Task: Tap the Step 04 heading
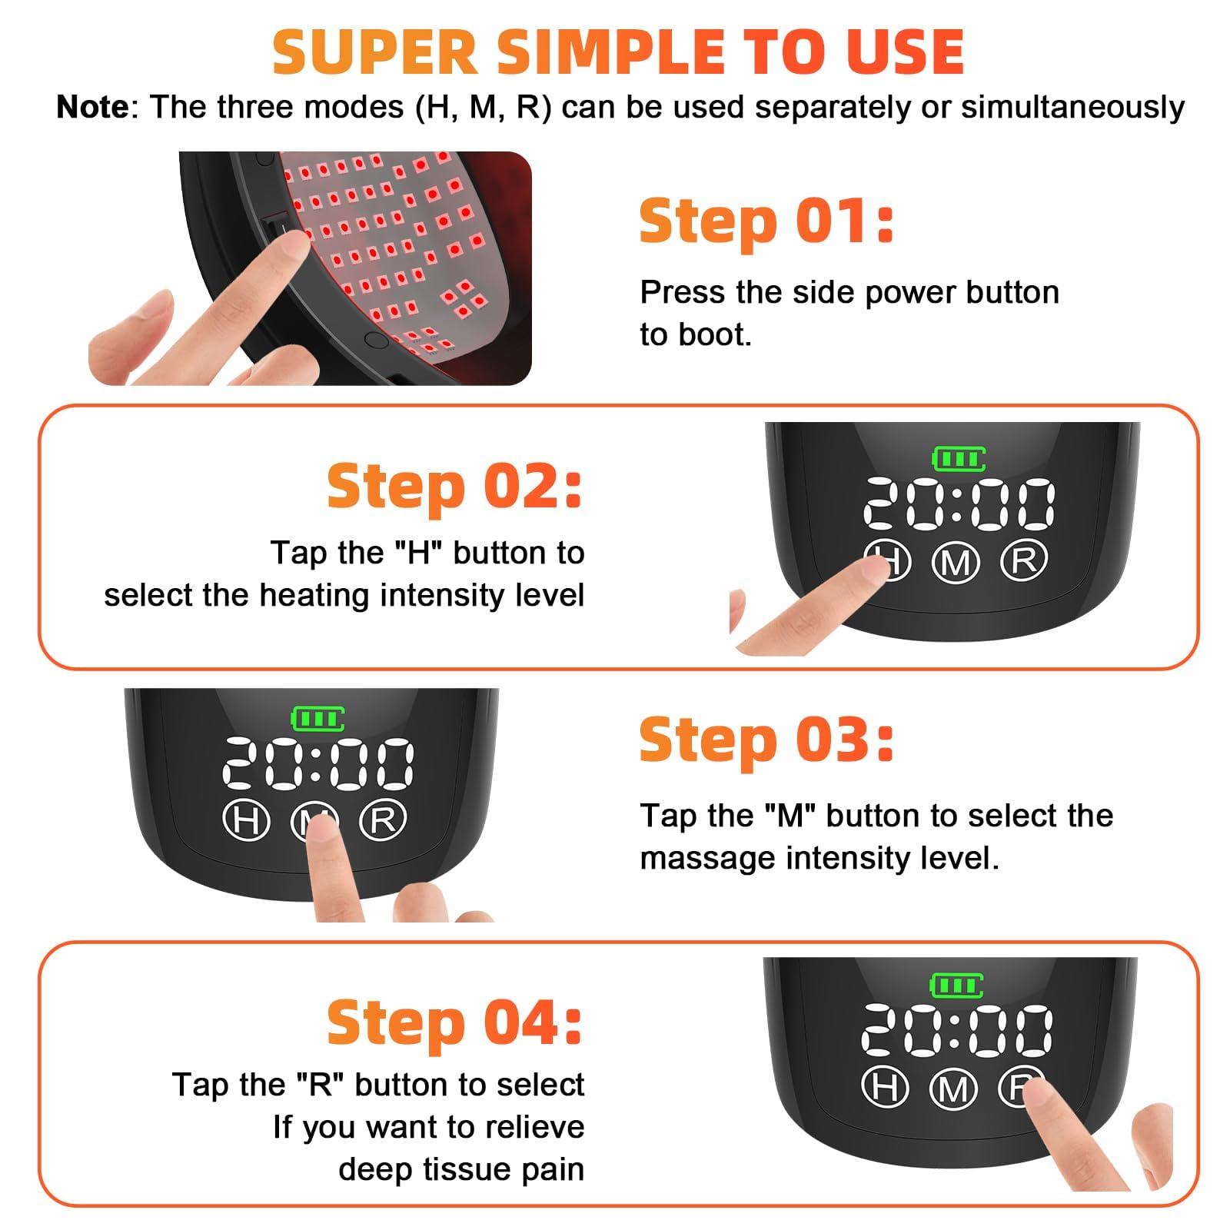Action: pyautogui.click(x=454, y=1023)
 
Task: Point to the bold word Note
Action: pyautogui.click(x=92, y=107)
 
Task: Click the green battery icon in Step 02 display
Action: pyautogui.click(x=958, y=460)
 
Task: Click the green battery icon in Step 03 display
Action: pyautogui.click(x=317, y=720)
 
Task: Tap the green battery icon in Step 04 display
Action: pyautogui.click(x=956, y=986)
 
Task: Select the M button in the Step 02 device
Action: pyautogui.click(x=956, y=563)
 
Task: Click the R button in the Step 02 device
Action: pyautogui.click(x=1023, y=560)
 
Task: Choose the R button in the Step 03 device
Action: pyautogui.click(x=383, y=819)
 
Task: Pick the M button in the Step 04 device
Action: pyautogui.click(x=953, y=1089)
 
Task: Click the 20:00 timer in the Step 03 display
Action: pyautogui.click(x=317, y=764)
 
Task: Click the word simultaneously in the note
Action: pyautogui.click(x=1072, y=107)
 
